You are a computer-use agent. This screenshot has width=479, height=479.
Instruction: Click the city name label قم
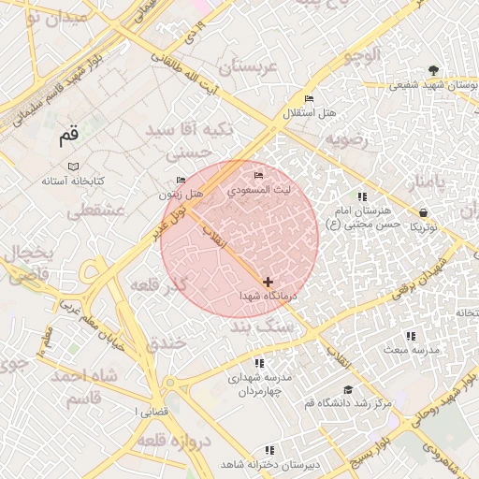(69, 136)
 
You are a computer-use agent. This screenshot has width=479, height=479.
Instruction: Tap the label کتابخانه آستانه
(72, 180)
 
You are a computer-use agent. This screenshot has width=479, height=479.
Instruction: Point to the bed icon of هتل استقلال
(310, 99)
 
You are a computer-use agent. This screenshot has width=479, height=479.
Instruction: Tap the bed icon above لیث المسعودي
(259, 176)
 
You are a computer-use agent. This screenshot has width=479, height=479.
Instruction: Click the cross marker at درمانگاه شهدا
(269, 281)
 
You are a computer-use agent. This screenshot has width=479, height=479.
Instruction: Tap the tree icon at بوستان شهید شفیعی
(432, 70)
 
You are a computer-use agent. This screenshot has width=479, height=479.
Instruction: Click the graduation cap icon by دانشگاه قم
(348, 389)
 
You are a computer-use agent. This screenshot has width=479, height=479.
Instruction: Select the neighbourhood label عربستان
(248, 68)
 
